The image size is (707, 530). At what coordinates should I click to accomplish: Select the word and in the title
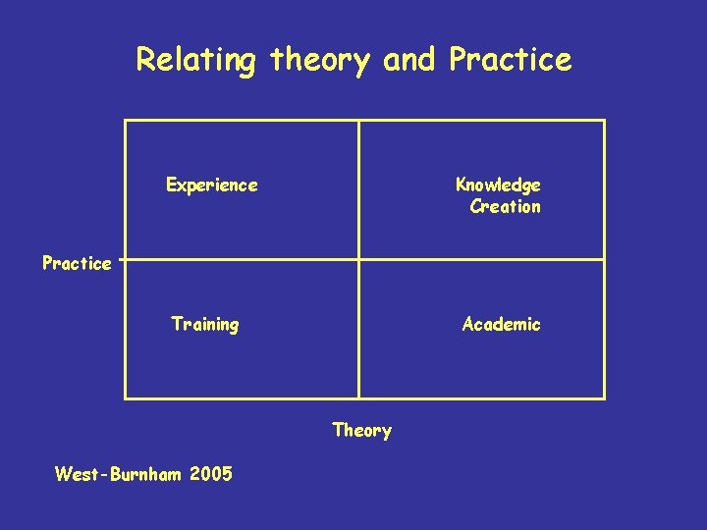(x=411, y=60)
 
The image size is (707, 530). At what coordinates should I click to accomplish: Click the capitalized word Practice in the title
(x=510, y=60)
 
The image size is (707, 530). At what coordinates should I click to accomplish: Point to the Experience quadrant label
(x=212, y=185)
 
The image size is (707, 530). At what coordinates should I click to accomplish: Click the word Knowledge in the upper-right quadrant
(x=498, y=185)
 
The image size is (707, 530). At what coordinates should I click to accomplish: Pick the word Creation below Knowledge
(x=505, y=206)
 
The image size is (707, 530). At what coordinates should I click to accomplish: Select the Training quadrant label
(x=204, y=324)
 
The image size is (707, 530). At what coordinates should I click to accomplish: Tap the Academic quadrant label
(x=501, y=324)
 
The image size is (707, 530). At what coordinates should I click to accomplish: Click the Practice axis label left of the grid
(x=77, y=263)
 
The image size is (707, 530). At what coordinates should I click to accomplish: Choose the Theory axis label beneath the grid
(x=361, y=430)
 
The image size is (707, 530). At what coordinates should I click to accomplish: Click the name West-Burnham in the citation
(x=118, y=475)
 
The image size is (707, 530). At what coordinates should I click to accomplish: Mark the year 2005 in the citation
(x=211, y=475)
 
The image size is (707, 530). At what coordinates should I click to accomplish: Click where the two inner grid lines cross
(x=359, y=260)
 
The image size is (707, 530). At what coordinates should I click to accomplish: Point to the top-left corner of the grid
(x=126, y=121)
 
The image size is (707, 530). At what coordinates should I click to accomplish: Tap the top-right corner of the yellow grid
(x=604, y=121)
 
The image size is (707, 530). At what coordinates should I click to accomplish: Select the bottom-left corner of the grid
(x=126, y=398)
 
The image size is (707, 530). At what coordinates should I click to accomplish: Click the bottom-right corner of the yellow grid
(x=604, y=398)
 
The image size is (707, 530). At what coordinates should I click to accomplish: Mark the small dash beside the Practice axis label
(x=120, y=260)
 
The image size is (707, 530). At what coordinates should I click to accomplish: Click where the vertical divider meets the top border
(x=359, y=121)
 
